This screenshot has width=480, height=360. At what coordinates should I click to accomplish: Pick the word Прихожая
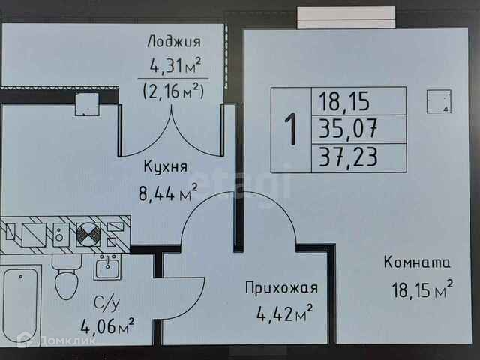click(x=282, y=287)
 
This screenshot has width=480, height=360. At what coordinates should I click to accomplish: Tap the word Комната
click(x=417, y=262)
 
